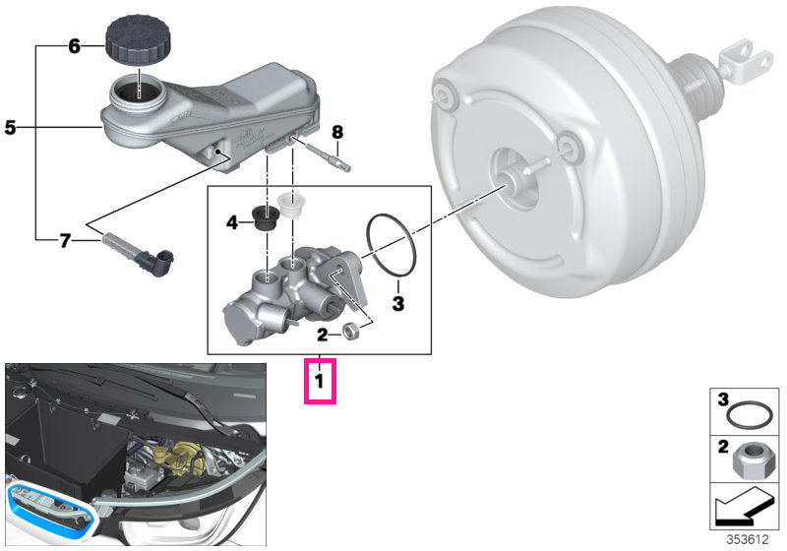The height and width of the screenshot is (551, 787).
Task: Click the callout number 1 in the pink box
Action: click(319, 382)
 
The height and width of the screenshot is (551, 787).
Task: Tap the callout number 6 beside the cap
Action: click(75, 46)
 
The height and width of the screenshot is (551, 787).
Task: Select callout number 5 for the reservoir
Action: click(10, 128)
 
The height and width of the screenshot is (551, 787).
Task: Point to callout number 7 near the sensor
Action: click(65, 241)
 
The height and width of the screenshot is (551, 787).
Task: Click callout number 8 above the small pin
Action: click(337, 132)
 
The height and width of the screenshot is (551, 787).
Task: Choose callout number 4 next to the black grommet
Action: click(232, 221)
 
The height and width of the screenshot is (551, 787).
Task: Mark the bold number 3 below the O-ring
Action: click(398, 303)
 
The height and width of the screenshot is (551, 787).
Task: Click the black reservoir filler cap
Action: click(135, 39)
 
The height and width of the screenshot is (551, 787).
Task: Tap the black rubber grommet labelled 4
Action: click(266, 216)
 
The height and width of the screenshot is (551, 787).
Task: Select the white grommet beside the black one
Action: click(290, 205)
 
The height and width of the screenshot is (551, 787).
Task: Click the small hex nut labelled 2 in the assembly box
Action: click(349, 332)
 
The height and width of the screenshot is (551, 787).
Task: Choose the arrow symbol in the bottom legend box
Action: click(745, 508)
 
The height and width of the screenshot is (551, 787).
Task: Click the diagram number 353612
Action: click(748, 539)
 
